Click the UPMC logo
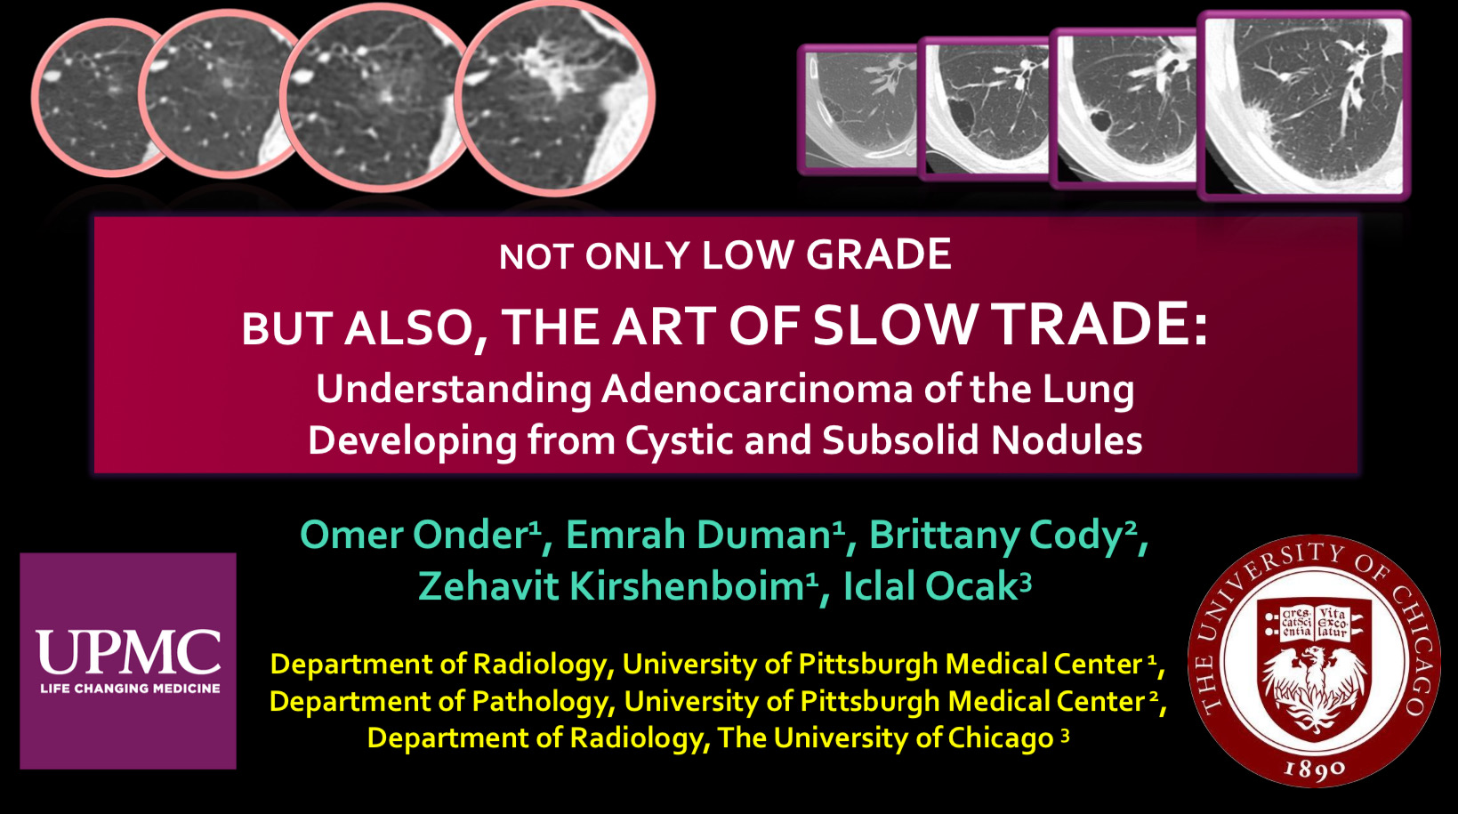pos(128,661)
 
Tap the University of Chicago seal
pos(1314,660)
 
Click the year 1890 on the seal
pos(1314,770)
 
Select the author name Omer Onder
pos(415,535)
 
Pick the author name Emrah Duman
pos(700,535)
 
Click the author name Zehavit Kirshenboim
pos(612,585)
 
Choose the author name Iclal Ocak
pos(930,585)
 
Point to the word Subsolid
pos(900,439)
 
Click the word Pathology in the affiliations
pos(543,702)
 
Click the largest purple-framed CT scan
pos(1304,106)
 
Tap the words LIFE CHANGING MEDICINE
pos(130,689)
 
